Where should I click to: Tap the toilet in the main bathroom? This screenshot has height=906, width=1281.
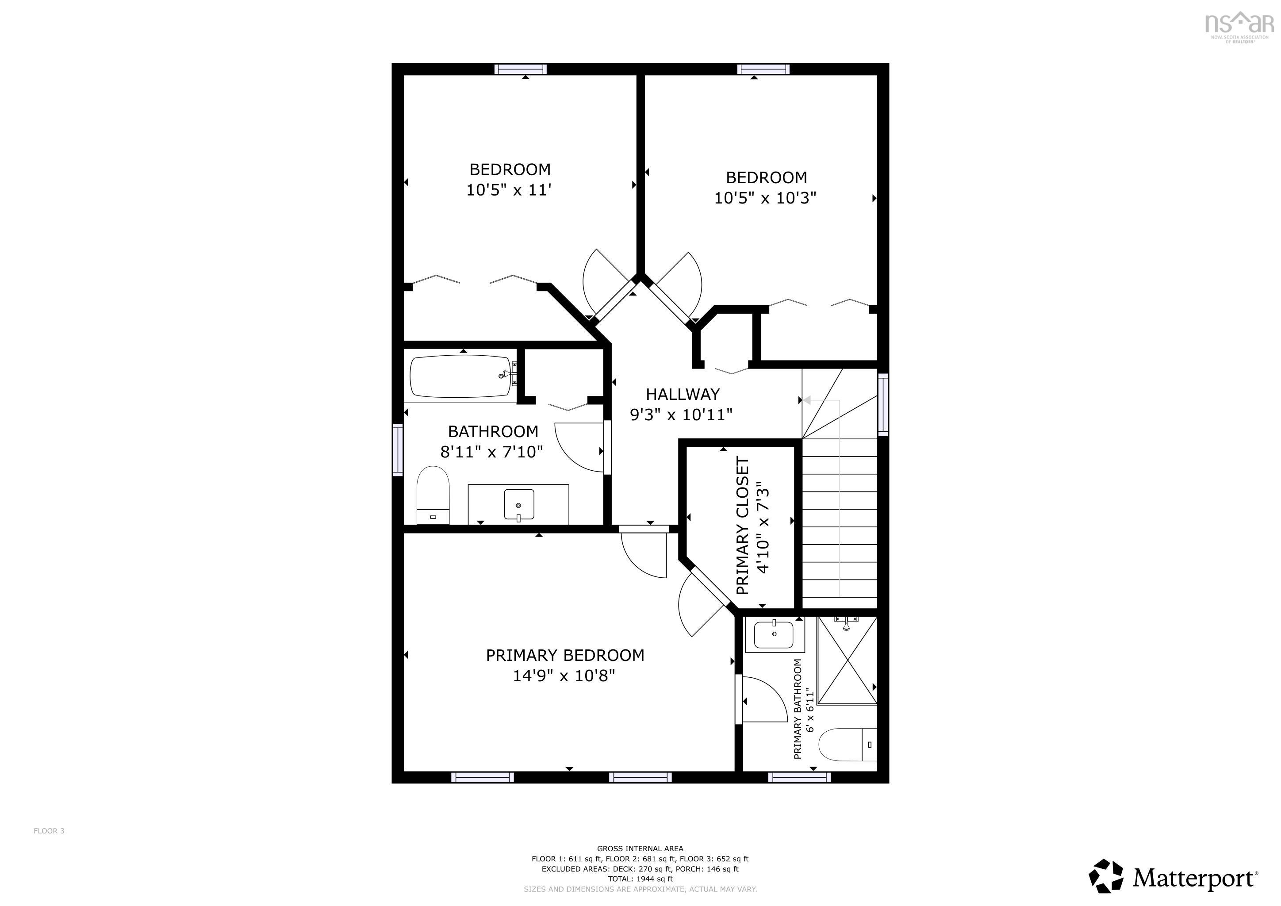point(433,495)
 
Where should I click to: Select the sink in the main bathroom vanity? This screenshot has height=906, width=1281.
point(518,504)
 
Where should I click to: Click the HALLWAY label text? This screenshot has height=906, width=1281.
point(683,395)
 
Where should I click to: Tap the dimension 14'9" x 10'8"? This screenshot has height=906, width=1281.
point(564,676)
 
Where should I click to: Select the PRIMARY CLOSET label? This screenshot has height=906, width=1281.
point(742,526)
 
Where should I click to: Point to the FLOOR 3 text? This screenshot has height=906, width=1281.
point(49,831)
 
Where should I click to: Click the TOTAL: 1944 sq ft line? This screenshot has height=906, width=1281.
point(640,879)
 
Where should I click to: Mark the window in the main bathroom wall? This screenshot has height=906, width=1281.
point(398,449)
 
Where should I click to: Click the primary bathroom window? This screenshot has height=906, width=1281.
point(799,777)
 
